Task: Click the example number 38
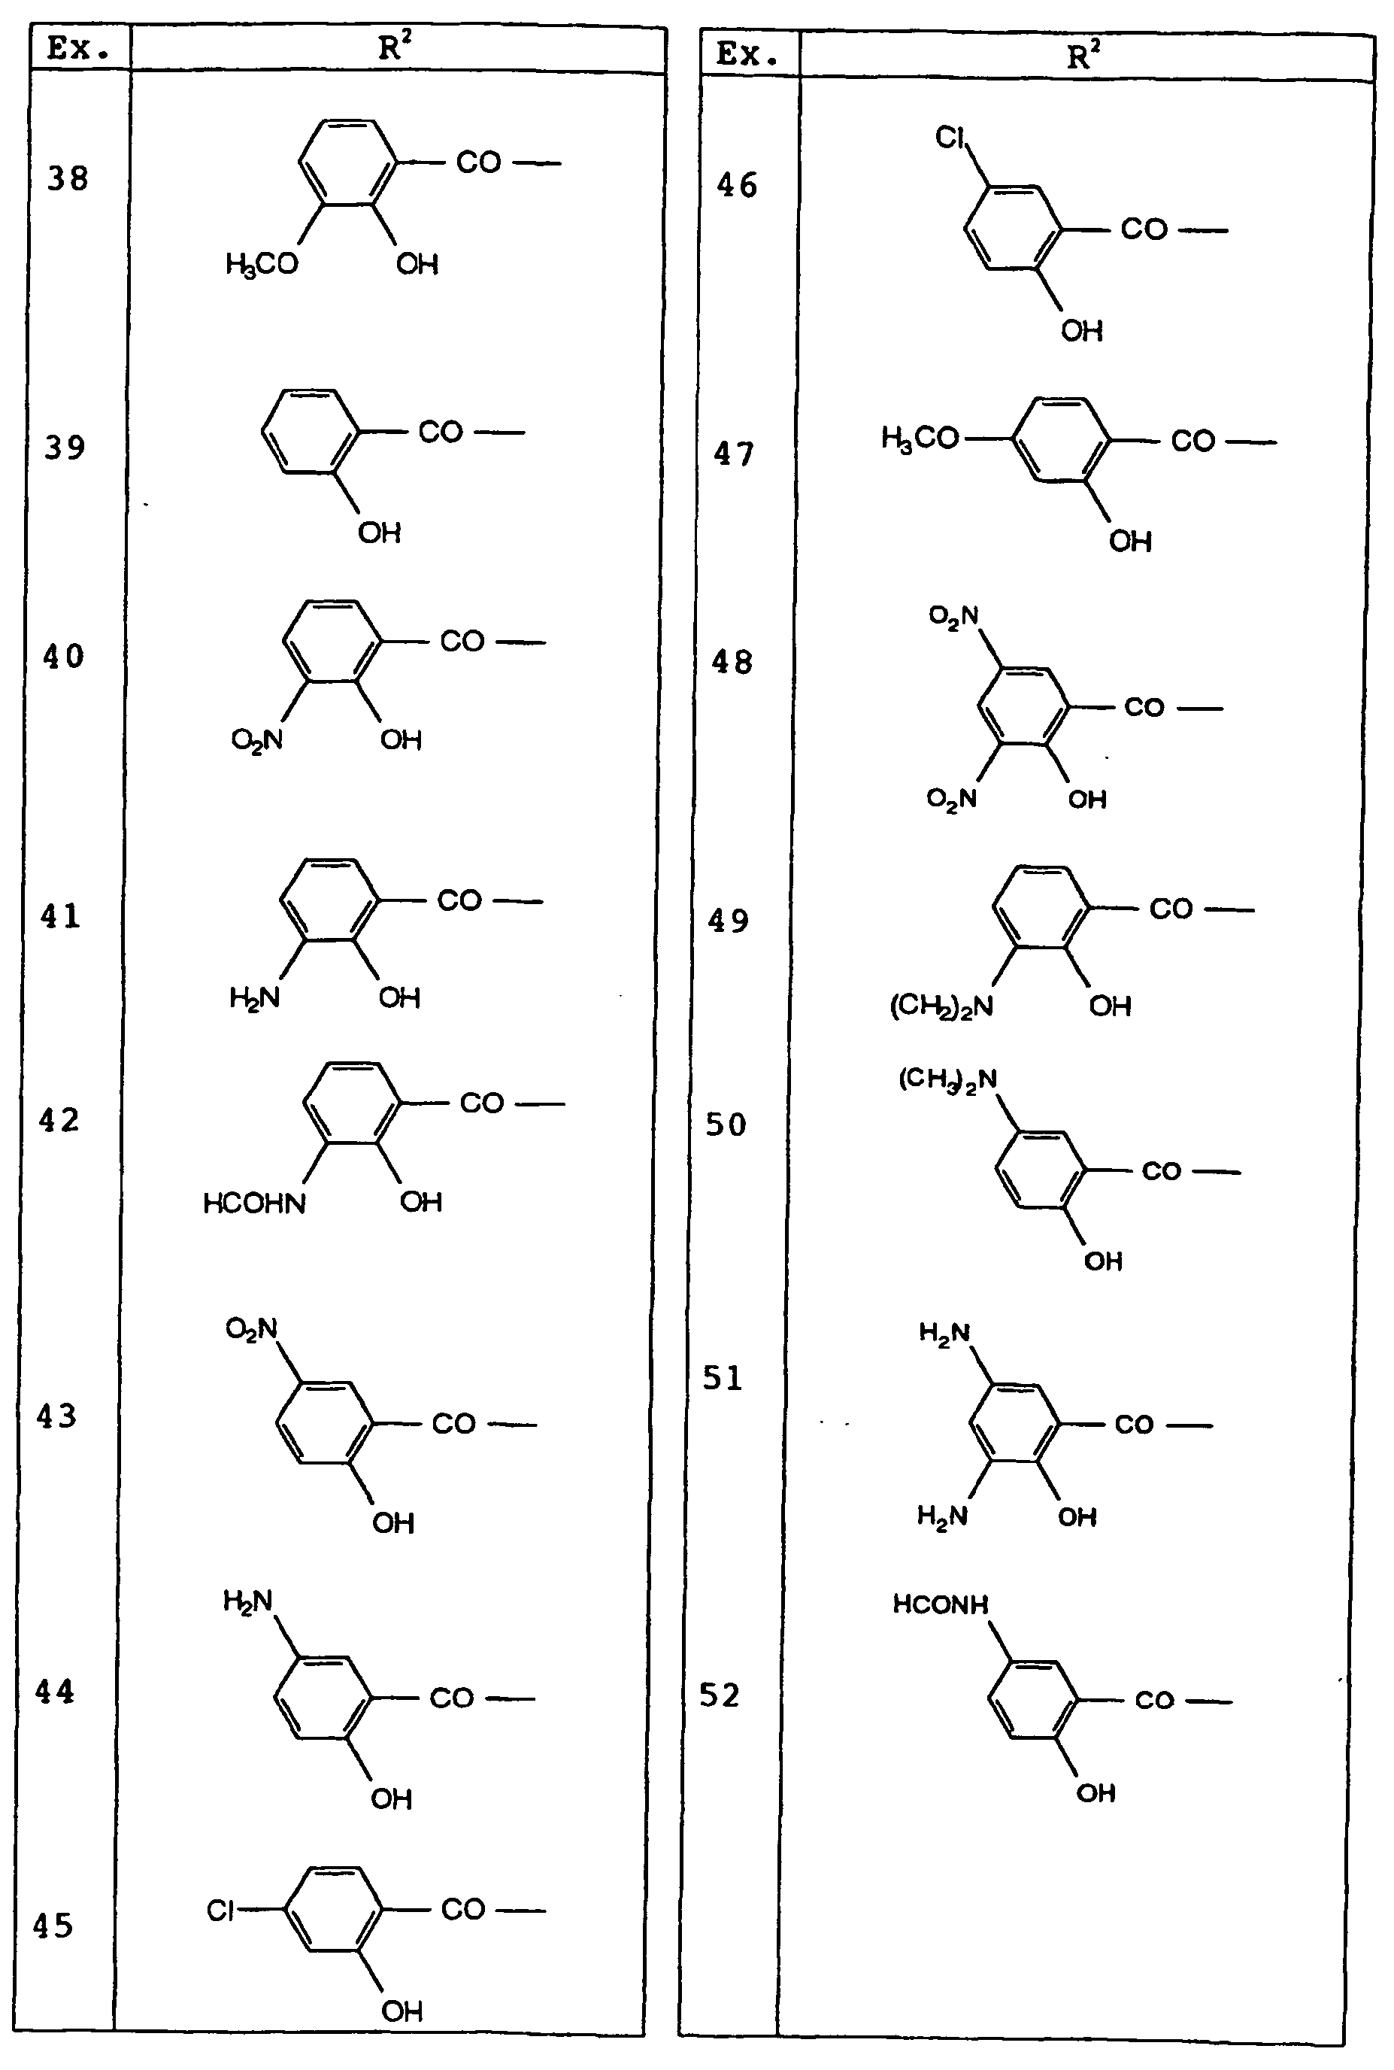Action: (68, 179)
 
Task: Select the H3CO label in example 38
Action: (262, 264)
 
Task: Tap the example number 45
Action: (53, 1925)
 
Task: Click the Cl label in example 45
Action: (220, 1910)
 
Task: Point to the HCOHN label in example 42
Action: (254, 1203)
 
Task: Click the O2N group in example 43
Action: (252, 1329)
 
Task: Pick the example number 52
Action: (720, 1695)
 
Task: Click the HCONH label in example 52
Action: (941, 1604)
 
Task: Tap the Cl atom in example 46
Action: (950, 137)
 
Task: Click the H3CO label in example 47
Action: (920, 438)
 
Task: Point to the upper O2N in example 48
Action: (953, 615)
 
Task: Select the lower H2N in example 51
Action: (942, 1514)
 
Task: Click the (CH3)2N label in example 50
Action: (947, 1081)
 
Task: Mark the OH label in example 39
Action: (380, 533)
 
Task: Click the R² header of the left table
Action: (395, 46)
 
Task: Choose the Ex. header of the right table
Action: (747, 55)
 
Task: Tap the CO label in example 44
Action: (452, 1698)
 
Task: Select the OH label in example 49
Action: (1111, 1006)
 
